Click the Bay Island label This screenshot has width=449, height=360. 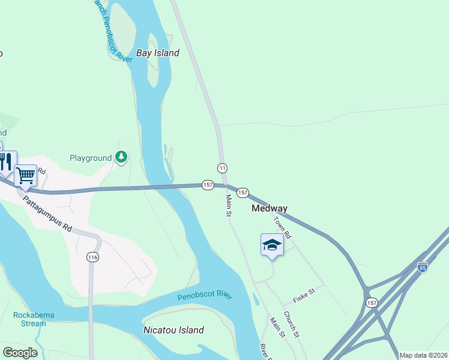click(x=158, y=53)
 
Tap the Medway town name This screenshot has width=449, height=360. click(x=269, y=208)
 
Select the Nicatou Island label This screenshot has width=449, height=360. click(x=173, y=330)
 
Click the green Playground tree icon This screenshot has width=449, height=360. click(x=122, y=157)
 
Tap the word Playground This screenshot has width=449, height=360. click(x=91, y=158)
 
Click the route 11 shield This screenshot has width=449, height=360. click(x=223, y=167)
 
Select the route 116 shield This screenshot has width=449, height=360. click(x=92, y=257)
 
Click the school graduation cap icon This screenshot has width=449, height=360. click(x=272, y=245)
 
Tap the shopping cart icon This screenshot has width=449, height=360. click(x=25, y=175)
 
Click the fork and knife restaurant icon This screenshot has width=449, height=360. click(x=5, y=161)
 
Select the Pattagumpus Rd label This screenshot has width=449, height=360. click(x=48, y=213)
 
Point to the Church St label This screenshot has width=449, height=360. click(x=291, y=324)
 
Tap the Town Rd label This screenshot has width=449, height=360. click(x=282, y=226)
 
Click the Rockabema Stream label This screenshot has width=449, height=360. click(x=29, y=319)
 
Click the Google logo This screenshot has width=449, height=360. click(x=20, y=353)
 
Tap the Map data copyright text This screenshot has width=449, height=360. click(x=423, y=355)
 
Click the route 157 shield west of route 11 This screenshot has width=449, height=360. click(x=208, y=185)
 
